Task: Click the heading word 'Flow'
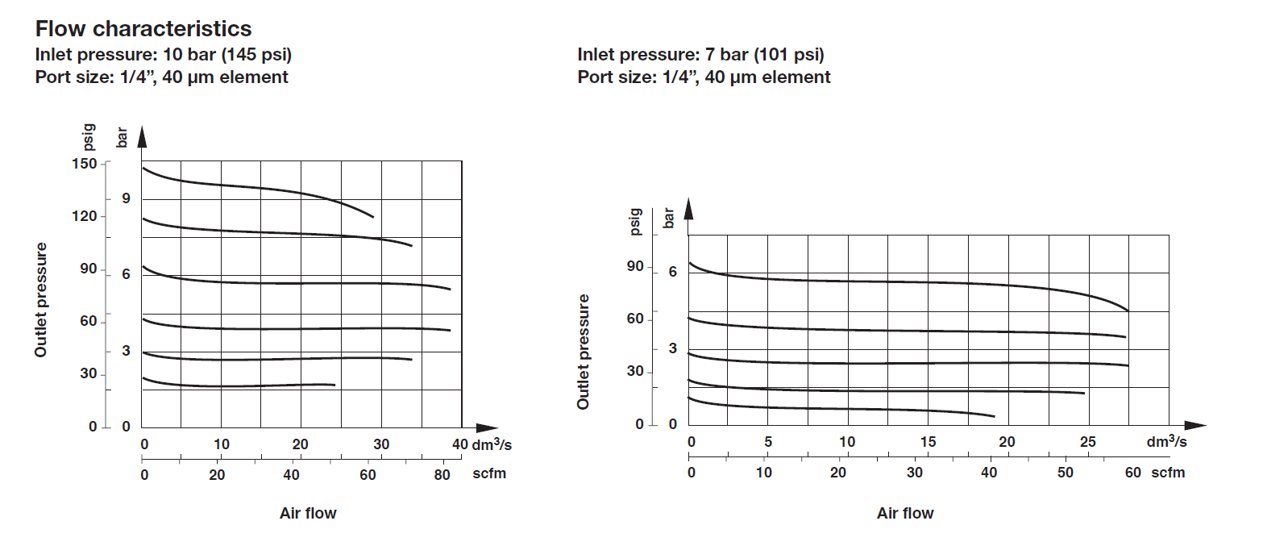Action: pos(62,29)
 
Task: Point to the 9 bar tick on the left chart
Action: pos(126,199)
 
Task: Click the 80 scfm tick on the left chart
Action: pos(442,473)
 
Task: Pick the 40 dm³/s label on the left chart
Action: pos(459,444)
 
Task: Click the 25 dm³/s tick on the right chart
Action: pos(1088,442)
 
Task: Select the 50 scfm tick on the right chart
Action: pos(1066,473)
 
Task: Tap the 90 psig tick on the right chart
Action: pos(636,267)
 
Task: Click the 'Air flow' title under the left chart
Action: pos(308,513)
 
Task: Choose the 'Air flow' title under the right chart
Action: pos(905,513)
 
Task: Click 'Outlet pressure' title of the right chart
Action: pos(584,351)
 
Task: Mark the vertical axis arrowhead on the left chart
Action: pos(143,137)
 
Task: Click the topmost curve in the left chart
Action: pos(258,187)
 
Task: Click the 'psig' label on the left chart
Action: pos(89,138)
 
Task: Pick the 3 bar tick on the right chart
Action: pos(672,348)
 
